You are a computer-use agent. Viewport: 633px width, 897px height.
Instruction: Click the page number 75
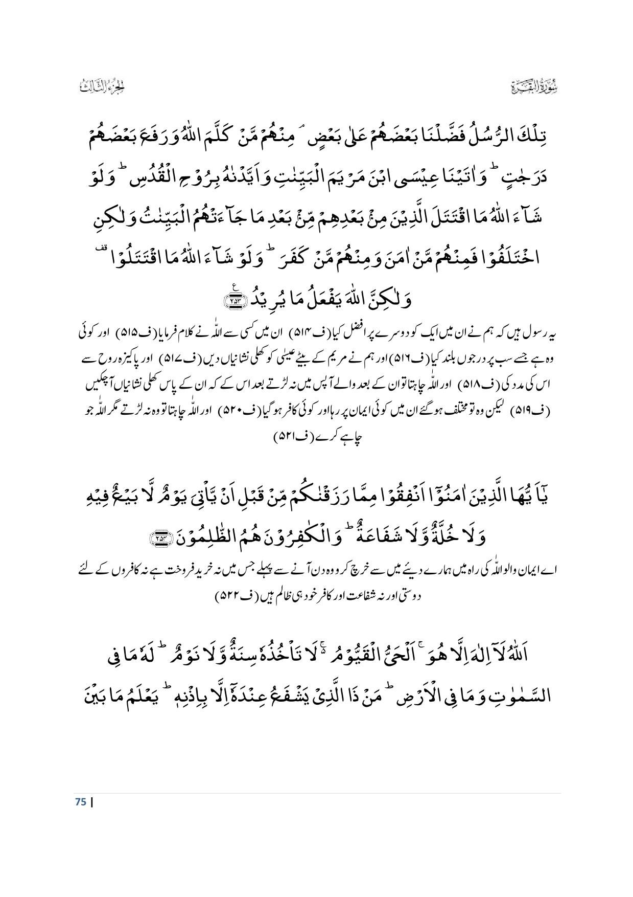pyautogui.click(x=80, y=801)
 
